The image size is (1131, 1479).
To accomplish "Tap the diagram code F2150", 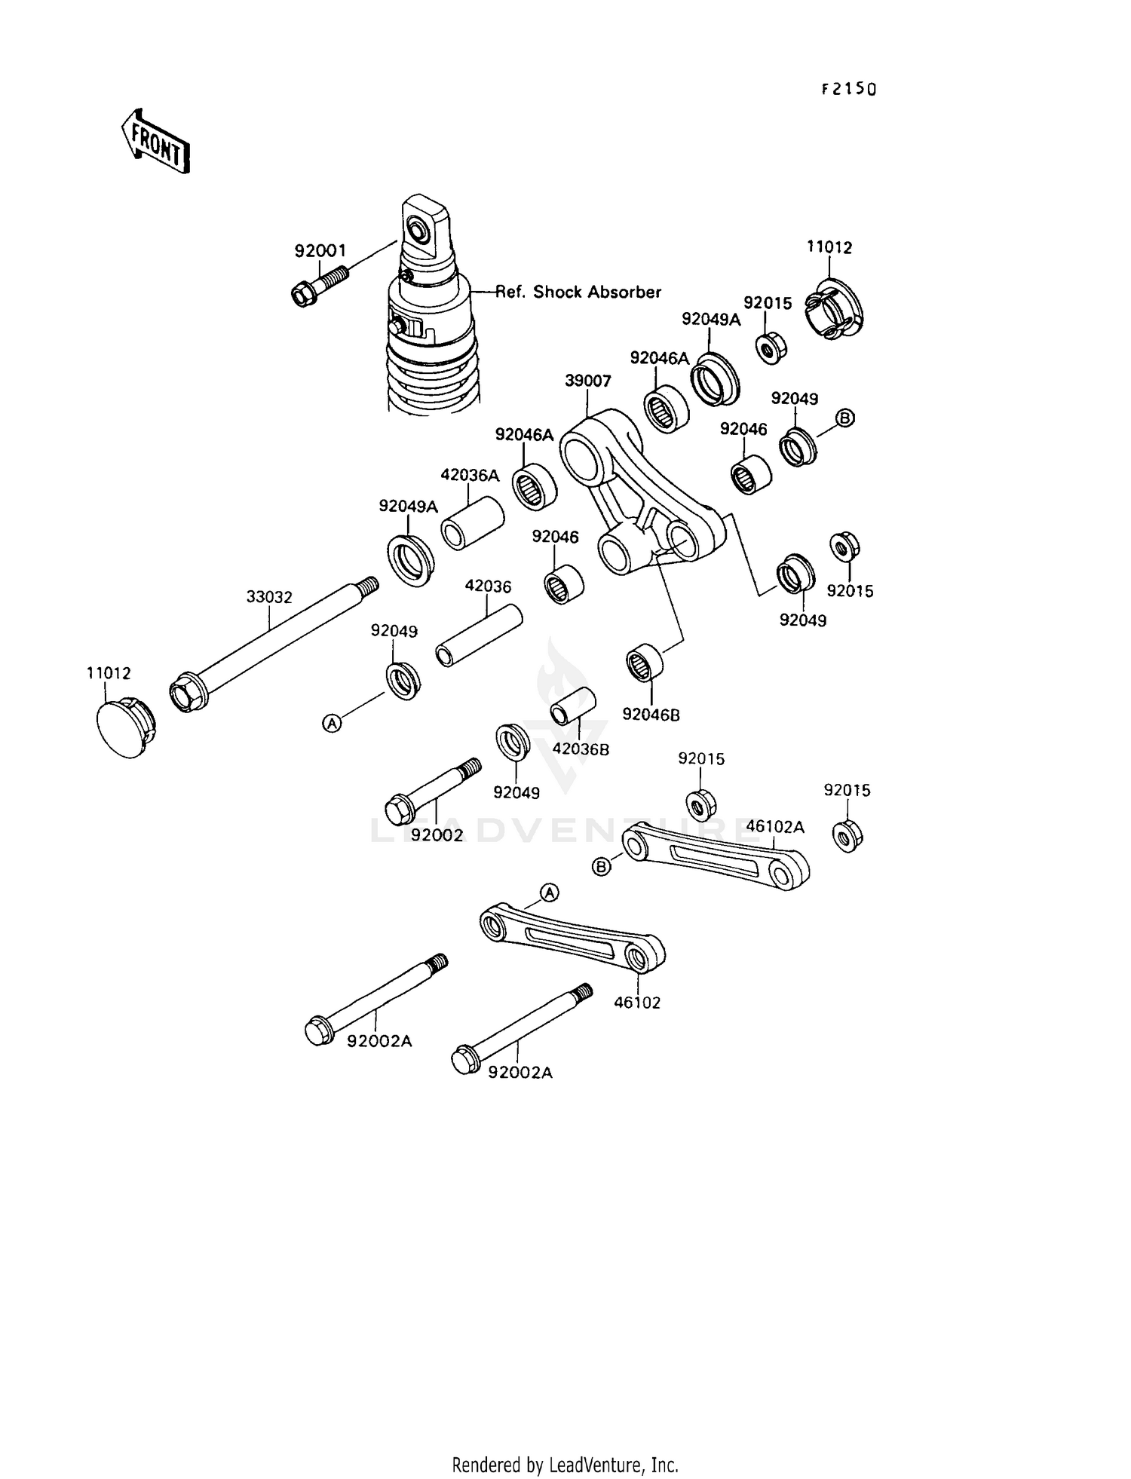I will [849, 90].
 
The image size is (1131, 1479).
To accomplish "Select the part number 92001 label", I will [320, 251].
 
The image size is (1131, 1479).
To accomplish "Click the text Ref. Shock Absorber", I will [578, 292].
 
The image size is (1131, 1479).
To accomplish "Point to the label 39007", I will [587, 381].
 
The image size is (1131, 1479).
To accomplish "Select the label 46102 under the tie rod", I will [636, 1003].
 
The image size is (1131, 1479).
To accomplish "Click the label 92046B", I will [651, 715].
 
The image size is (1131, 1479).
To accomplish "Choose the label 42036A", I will [470, 475].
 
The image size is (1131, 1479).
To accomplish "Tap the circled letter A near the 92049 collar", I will [332, 723].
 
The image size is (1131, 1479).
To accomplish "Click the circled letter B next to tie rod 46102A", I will [602, 868].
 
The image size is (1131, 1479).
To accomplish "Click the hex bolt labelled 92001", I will [319, 287].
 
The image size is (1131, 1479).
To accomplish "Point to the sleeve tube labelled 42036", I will [479, 634].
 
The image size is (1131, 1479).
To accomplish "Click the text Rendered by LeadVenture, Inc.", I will [565, 1465].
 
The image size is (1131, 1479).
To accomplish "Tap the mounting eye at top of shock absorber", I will [417, 227].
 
